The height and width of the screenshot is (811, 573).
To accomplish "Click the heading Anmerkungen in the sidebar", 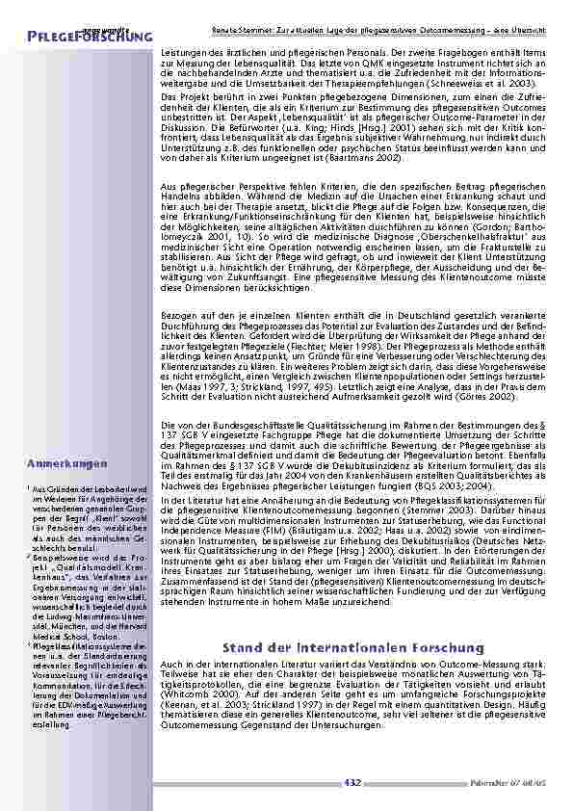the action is pyautogui.click(x=67, y=464).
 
